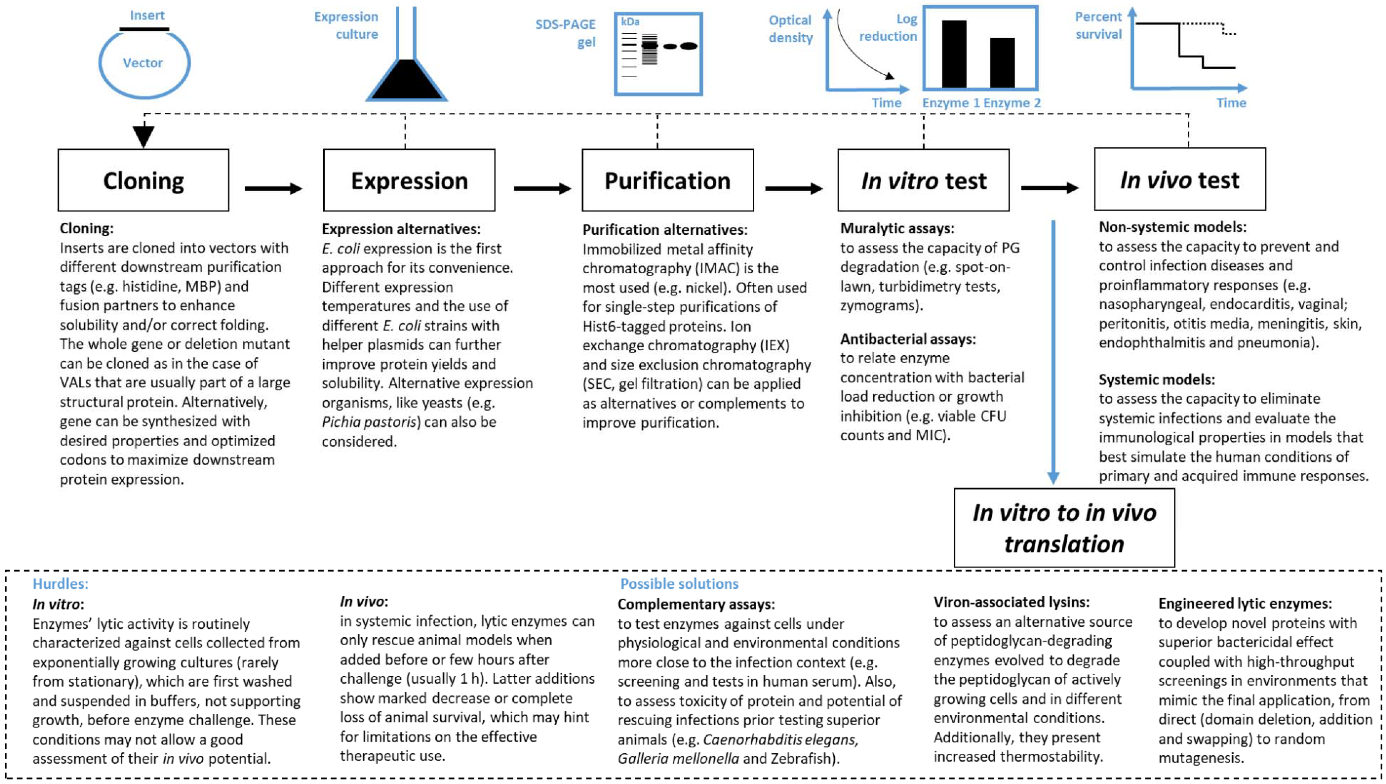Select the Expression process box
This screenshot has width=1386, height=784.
(409, 180)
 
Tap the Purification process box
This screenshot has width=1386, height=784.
(667, 180)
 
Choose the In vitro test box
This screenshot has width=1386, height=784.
(923, 180)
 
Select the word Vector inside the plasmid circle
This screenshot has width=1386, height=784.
(143, 63)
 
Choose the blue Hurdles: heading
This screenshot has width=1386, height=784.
(60, 584)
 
